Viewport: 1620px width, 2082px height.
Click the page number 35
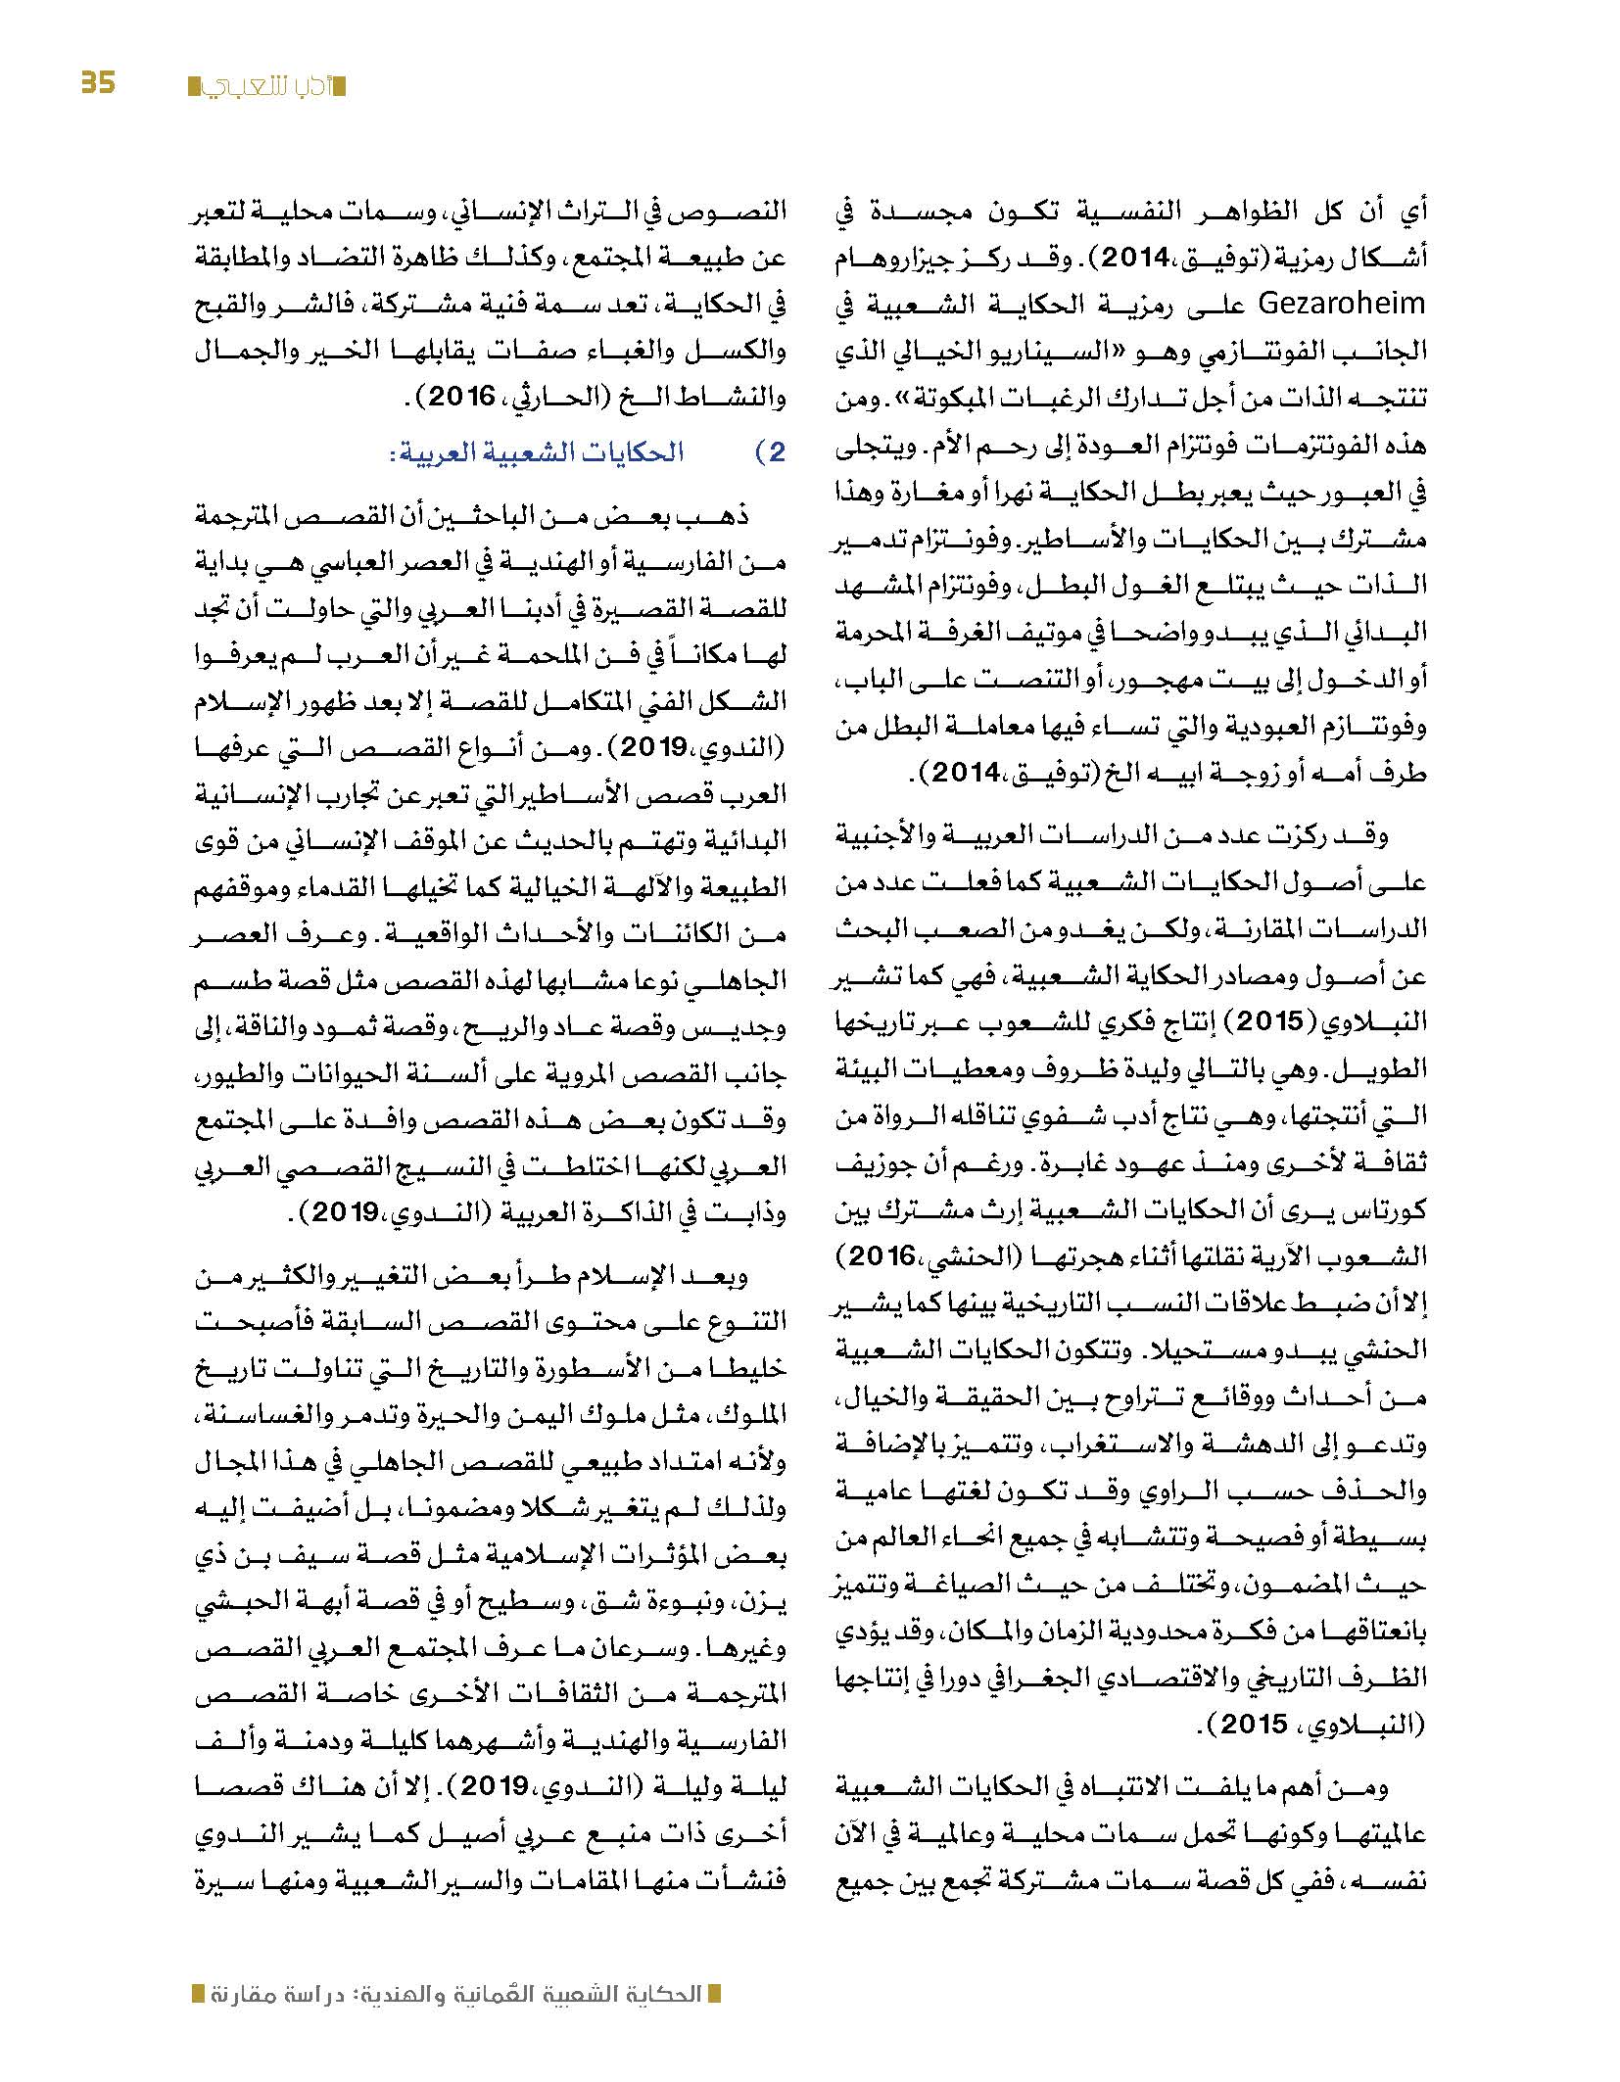pyautogui.click(x=98, y=82)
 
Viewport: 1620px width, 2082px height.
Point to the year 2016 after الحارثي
pyautogui.click(x=462, y=399)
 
